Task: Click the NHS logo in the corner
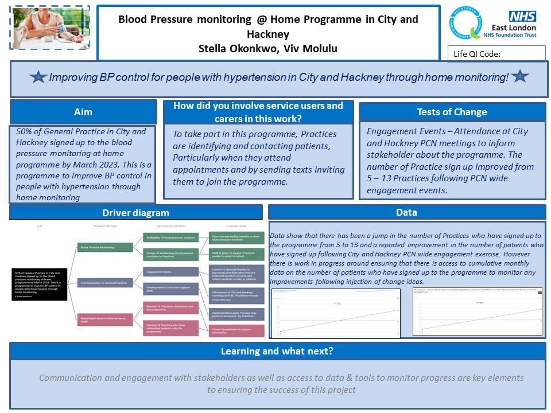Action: pyautogui.click(x=522, y=17)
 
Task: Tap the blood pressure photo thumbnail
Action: pyautogui.click(x=51, y=25)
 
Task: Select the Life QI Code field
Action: pyautogui.click(x=496, y=54)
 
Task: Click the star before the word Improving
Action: pyautogui.click(x=38, y=77)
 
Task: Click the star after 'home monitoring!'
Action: pyautogui.click(x=519, y=76)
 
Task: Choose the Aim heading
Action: pyautogui.click(x=83, y=112)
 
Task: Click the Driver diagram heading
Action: pyautogui.click(x=136, y=213)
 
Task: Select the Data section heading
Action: pyautogui.click(x=406, y=213)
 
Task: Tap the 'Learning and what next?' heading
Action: pyautogui.click(x=277, y=351)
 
